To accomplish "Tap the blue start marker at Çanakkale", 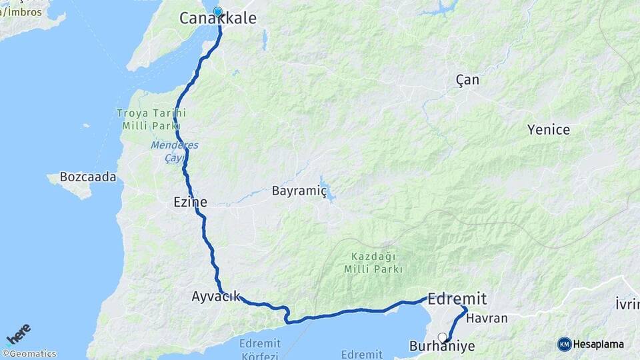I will pos(217,11).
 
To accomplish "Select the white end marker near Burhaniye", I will pos(441,337).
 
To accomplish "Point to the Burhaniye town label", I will pos(442,347).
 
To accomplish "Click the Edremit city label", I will pos(457,299).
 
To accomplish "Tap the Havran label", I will pos(487,319).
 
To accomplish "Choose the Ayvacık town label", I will pos(216,297).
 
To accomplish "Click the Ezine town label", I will pos(189,201).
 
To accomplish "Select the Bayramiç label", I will pos(299,191).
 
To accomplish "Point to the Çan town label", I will pos(467,80).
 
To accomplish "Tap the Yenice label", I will pos(549,129).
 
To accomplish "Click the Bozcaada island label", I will pos(88,177).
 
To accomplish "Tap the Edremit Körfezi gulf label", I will pos(259,349).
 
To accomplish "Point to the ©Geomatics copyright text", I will pos(29,354).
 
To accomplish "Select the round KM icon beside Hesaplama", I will pos(565,344).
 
